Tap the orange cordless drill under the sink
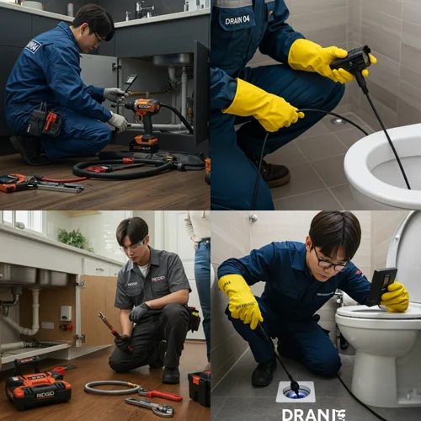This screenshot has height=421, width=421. coord(145,118)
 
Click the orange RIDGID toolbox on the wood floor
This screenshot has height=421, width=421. coord(38,388)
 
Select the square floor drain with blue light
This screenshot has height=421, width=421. coord(295,391)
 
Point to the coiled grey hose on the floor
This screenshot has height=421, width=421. coord(111,387)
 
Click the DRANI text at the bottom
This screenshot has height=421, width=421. coord(313,413)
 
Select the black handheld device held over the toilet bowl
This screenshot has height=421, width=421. coord(352,60)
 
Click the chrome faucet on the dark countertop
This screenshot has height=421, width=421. coord(141,9)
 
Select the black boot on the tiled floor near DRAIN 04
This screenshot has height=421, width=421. coord(270,172)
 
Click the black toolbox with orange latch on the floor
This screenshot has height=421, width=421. coord(200,386)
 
